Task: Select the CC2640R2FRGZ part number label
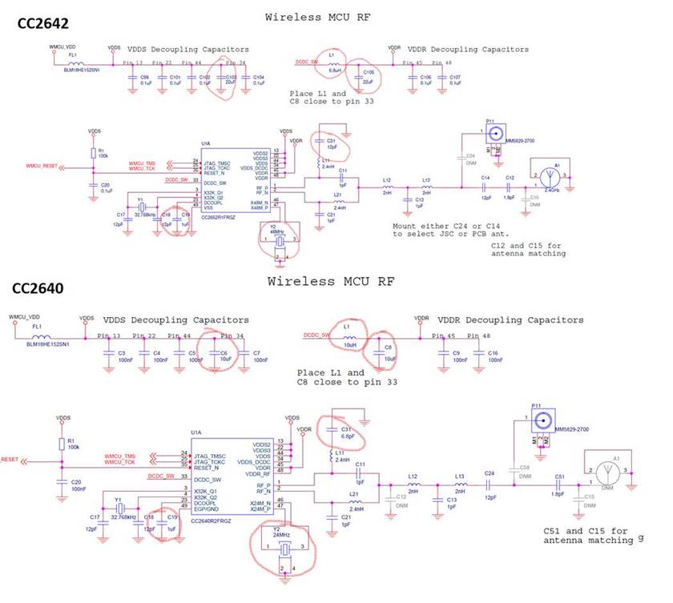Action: (212, 521)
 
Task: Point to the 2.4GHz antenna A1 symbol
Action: (547, 175)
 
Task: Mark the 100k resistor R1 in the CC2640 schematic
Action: (62, 444)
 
